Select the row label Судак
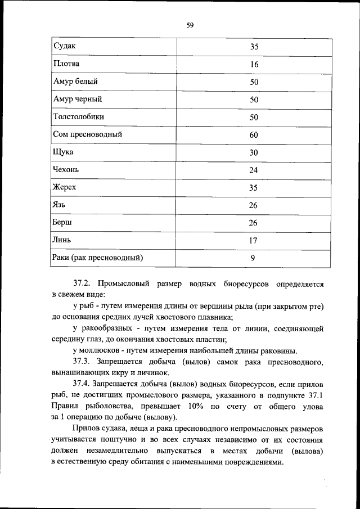coord(64,46)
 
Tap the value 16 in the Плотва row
coord(254,64)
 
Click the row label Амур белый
coord(75,82)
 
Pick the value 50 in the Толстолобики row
coord(254,117)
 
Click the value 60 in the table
coord(254,135)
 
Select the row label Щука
coord(63,152)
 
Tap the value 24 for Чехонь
coord(254,170)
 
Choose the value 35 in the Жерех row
coord(254,188)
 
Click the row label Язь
coord(60,205)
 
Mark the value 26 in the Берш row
coord(254,223)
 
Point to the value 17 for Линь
coord(254,241)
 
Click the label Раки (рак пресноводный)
coord(97,258)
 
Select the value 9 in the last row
coord(254,258)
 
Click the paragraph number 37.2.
coord(85,285)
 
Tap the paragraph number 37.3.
coord(85,360)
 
